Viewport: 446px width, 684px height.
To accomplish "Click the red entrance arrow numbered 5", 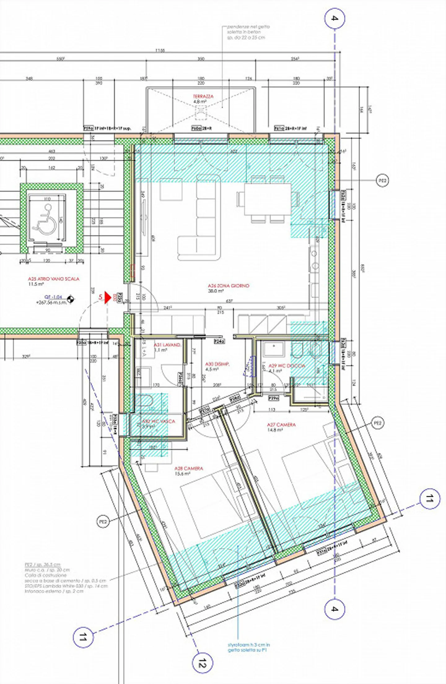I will tap(107, 297).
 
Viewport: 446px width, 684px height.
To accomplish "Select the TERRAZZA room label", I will tap(203, 97).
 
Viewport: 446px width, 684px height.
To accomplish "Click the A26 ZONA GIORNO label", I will tap(228, 286).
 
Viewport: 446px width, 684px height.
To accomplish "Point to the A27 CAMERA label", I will tap(281, 425).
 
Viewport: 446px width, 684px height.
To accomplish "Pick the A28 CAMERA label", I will tap(189, 468).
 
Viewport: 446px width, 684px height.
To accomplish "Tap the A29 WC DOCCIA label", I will tap(286, 366).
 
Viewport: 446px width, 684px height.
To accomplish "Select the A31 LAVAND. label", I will tap(167, 345).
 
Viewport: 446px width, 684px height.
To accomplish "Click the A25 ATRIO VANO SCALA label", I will tap(54, 279).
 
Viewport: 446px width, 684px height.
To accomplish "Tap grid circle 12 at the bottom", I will tap(202, 663).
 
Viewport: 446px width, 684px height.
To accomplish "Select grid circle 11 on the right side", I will tap(430, 498).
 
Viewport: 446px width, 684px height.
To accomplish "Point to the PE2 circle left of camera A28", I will tap(103, 522).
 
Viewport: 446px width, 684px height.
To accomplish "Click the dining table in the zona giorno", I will tap(268, 199).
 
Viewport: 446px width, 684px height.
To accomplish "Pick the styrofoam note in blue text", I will tap(249, 647).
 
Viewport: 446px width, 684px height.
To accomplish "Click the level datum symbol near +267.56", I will tap(71, 299).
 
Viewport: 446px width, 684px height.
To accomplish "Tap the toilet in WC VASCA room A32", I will tap(145, 402).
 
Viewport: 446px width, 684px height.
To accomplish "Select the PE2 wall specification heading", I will tap(42, 565).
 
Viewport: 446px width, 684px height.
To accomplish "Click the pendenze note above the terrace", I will tap(248, 32).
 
